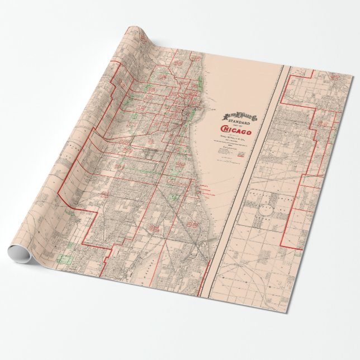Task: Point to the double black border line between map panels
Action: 227,224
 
